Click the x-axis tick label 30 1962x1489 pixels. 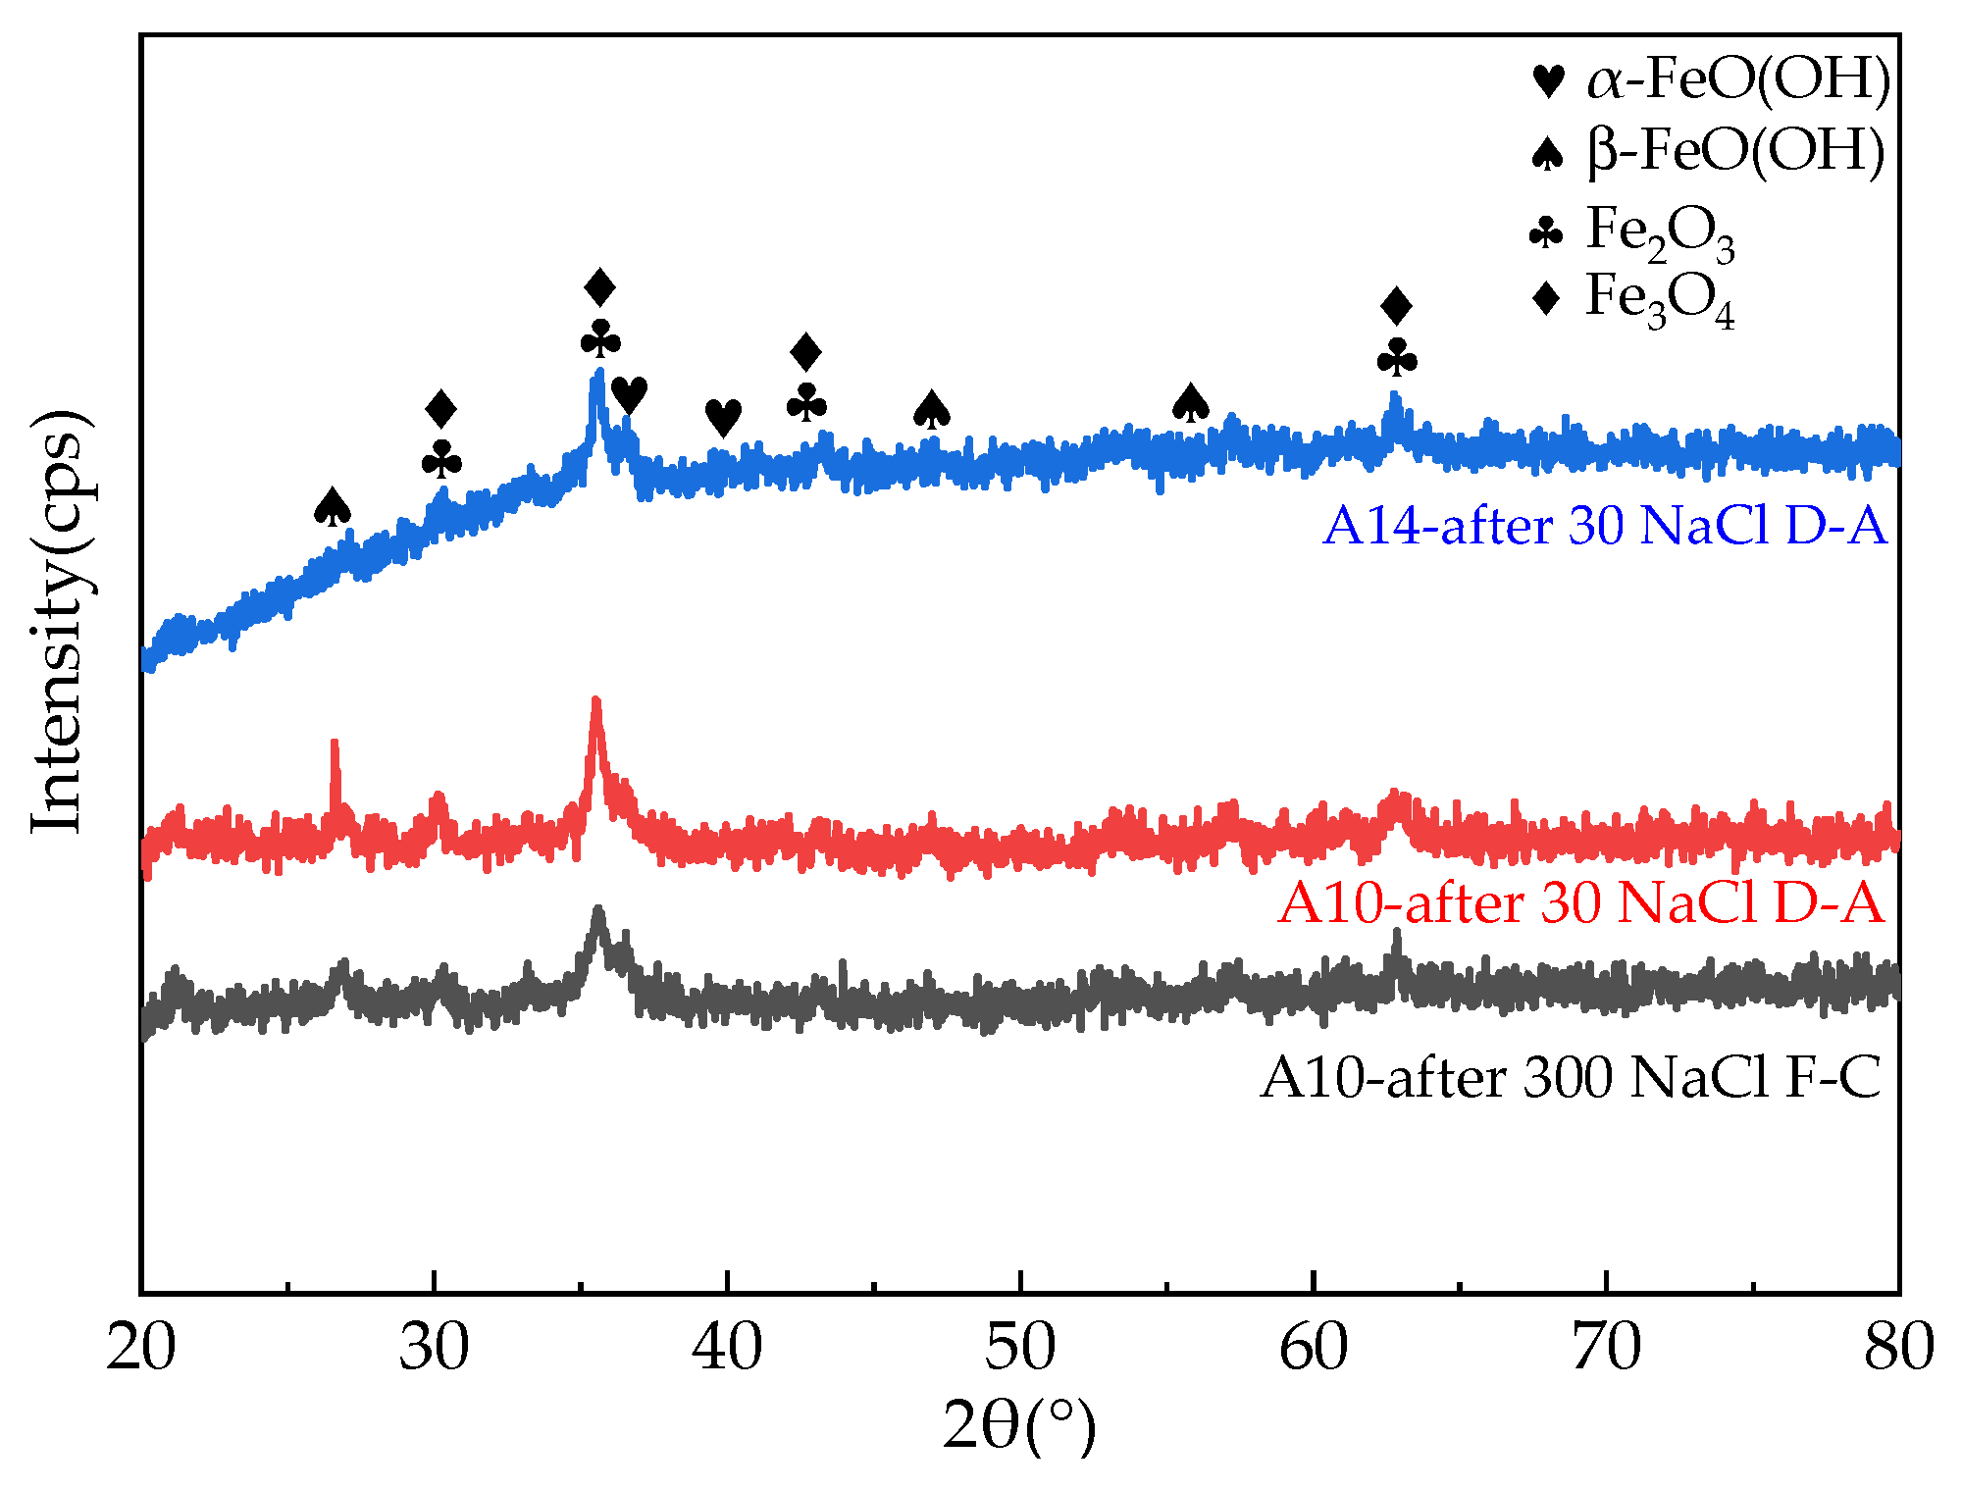point(434,1348)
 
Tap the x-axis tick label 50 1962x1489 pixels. point(1020,1348)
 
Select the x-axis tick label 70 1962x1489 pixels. point(1606,1348)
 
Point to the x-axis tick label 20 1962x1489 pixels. point(140,1348)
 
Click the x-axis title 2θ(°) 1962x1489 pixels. point(1019,1426)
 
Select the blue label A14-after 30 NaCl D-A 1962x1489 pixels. point(1604,526)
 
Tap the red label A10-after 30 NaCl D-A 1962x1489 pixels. point(1580,902)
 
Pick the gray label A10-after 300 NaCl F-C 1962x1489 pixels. point(1571,1078)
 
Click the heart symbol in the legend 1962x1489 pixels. point(1548,80)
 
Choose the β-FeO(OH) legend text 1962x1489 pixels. point(1735,152)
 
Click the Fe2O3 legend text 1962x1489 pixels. point(1660,231)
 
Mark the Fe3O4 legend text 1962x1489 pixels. point(1660,298)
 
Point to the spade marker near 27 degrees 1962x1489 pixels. point(333,507)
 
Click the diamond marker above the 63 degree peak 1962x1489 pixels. point(1396,306)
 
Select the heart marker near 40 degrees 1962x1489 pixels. point(724,418)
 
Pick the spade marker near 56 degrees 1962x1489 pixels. point(1190,403)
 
